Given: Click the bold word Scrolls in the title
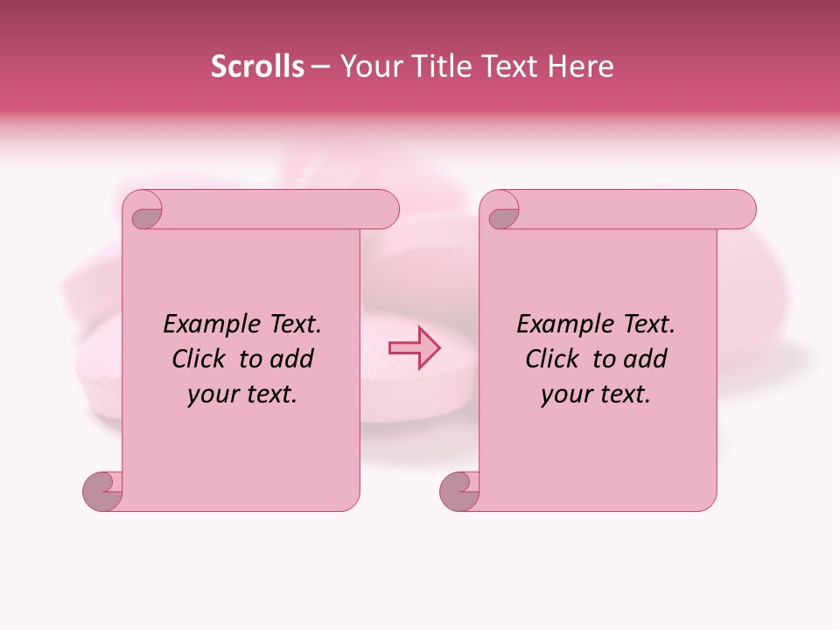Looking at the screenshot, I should [257, 66].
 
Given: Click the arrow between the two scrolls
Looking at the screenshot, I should [415, 348].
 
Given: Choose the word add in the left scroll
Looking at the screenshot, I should [292, 360].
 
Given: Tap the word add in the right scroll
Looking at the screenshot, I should [646, 360].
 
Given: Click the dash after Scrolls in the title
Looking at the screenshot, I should [319, 67].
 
